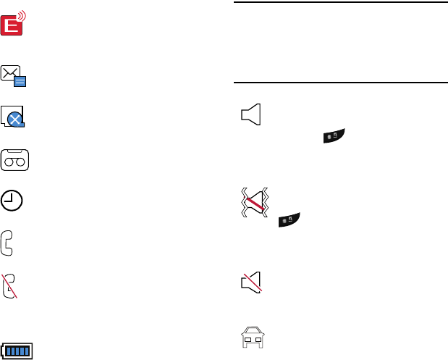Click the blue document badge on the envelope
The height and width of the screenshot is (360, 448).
click(20, 81)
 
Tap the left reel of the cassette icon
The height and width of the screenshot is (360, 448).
click(9, 164)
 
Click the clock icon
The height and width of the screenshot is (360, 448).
click(12, 201)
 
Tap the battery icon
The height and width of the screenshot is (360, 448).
click(20, 351)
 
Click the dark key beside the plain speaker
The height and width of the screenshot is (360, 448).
click(334, 135)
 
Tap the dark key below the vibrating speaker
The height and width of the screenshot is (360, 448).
click(289, 219)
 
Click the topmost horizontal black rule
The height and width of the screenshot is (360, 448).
click(341, 2)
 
